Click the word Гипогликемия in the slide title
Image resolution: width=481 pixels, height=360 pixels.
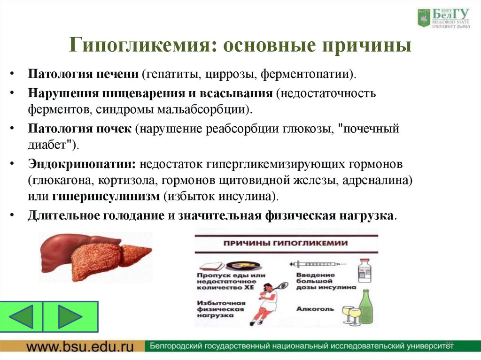[141, 46]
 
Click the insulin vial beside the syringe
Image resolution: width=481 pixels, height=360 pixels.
[364, 270]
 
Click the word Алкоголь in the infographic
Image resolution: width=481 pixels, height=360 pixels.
[315, 309]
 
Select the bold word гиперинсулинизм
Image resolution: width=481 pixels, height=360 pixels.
[106, 196]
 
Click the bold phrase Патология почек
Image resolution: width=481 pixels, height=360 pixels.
[79, 129]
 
